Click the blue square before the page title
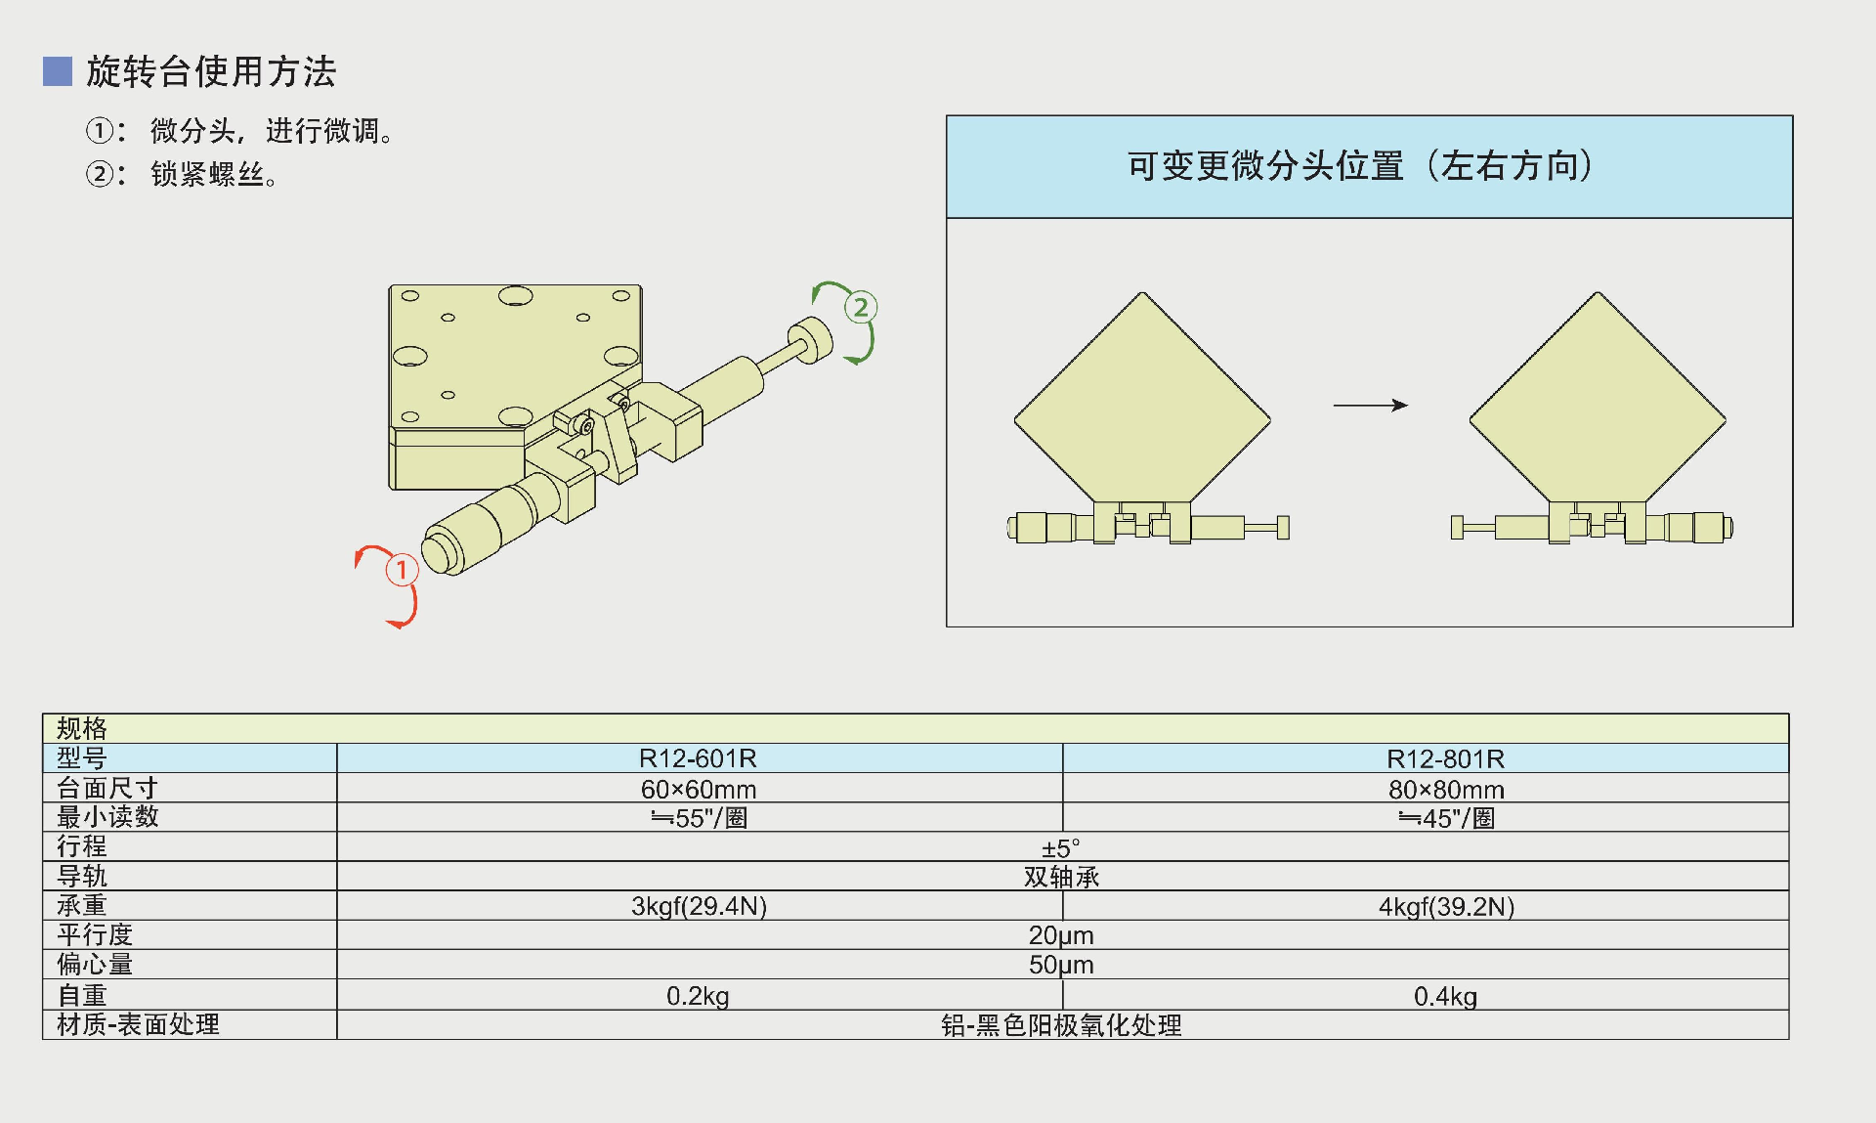[x=58, y=71]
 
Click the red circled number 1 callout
[x=402, y=569]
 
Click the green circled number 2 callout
[x=860, y=308]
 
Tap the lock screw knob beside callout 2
[x=811, y=339]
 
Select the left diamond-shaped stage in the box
[x=1141, y=401]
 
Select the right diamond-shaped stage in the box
[x=1598, y=401]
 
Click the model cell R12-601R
[x=698, y=758]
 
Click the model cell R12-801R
[x=1445, y=758]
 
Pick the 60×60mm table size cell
[x=698, y=789]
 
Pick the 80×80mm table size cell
[x=1445, y=789]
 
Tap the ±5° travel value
[x=1061, y=847]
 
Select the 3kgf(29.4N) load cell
[x=698, y=906]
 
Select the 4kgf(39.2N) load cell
[x=1445, y=906]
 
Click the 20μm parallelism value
[x=1061, y=935]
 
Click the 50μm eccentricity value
[x=1061, y=965]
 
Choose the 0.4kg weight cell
[x=1445, y=996]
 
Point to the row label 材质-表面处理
[x=138, y=1024]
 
